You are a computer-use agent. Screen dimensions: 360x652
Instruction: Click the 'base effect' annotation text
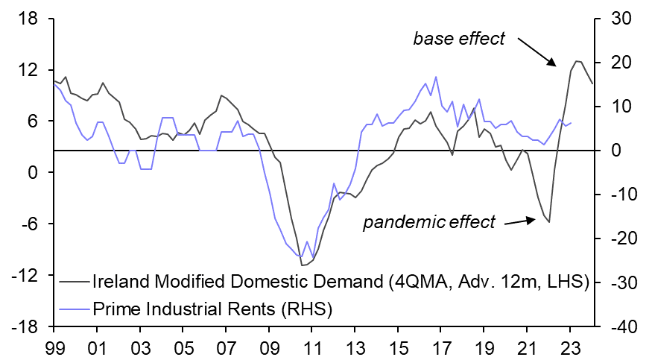click(x=459, y=38)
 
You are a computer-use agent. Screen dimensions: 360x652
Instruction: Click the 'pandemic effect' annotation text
click(x=428, y=222)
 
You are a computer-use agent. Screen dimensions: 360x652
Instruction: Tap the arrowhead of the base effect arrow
click(x=554, y=64)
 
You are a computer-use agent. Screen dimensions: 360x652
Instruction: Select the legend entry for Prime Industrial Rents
click(x=212, y=306)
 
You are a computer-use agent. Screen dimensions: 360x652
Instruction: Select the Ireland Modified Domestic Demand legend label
click(x=341, y=282)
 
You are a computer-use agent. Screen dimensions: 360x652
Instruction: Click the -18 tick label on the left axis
click(x=25, y=326)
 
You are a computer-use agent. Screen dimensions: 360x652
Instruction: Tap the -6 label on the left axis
click(x=28, y=224)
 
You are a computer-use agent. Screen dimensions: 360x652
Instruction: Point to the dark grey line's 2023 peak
click(x=577, y=61)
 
